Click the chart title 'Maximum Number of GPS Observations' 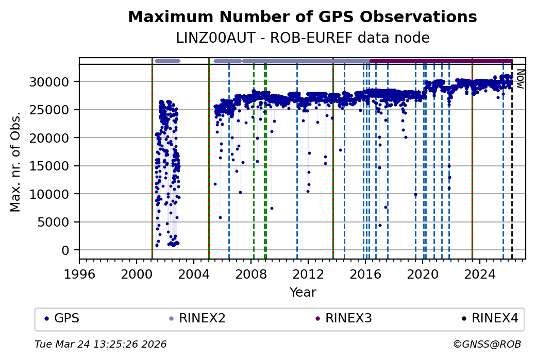302,17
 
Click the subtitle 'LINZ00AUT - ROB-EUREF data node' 302,38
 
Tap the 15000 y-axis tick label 54,166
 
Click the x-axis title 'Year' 303,293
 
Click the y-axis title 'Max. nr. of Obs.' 15,161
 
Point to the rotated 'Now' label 520,79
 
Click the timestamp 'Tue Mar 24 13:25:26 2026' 100,344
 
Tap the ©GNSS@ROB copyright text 487,344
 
